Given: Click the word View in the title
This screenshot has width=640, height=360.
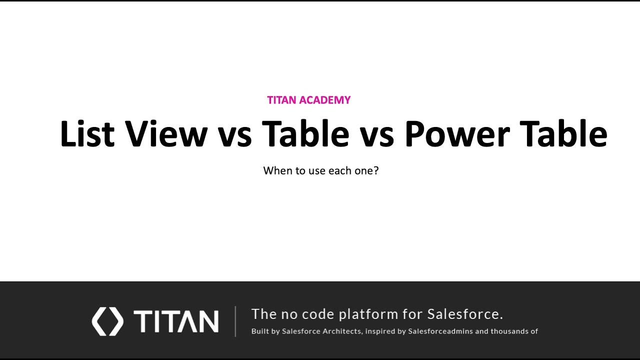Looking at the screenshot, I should click(x=166, y=134).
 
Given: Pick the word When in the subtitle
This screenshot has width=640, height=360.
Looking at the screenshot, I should click(x=278, y=170).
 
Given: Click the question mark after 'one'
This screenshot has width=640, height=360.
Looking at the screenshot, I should click(x=376, y=170).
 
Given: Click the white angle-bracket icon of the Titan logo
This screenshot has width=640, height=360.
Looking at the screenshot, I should click(x=107, y=321).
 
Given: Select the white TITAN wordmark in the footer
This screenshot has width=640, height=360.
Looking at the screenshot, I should click(x=176, y=321).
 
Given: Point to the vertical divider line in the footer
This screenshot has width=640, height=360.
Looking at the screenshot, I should click(x=235, y=321).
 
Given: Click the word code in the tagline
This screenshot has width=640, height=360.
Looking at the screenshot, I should click(x=317, y=314).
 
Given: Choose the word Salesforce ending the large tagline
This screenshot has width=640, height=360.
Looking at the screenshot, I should click(x=464, y=314).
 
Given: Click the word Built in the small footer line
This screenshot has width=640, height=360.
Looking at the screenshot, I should click(x=260, y=331).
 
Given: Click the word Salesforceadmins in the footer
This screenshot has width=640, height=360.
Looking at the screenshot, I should click(x=440, y=331).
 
